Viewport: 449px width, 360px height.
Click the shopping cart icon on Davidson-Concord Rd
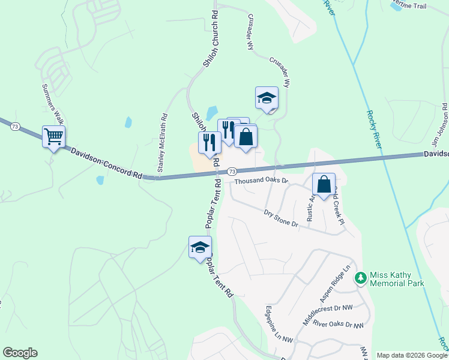(x=53, y=137)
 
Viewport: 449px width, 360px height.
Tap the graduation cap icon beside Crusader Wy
(x=267, y=98)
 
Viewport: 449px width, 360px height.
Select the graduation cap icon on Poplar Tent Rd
(x=200, y=247)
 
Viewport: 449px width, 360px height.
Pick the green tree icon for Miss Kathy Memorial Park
(x=360, y=278)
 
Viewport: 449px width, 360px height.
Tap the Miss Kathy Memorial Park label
(x=397, y=279)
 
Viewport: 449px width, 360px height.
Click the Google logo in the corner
(x=20, y=353)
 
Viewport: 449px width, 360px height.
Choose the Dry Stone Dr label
(x=281, y=218)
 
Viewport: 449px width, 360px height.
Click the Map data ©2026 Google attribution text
(x=412, y=355)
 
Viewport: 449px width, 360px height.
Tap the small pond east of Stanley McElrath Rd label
(x=128, y=122)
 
